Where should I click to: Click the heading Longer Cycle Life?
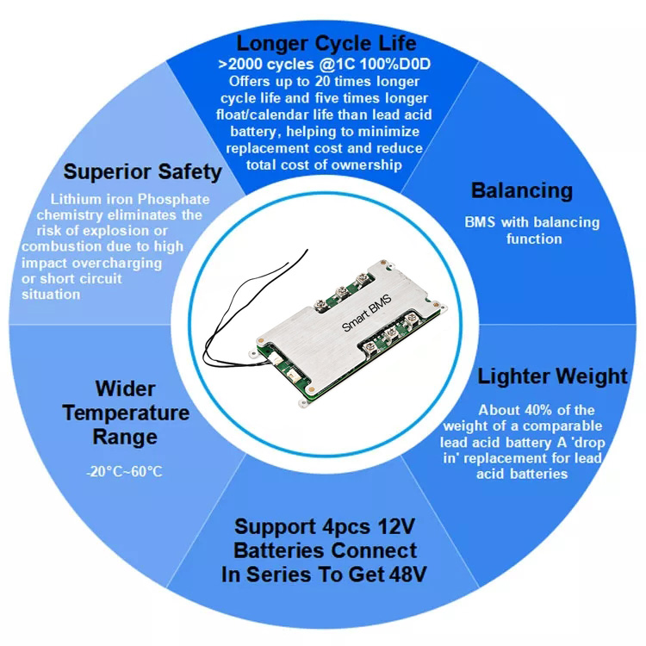pos(326,44)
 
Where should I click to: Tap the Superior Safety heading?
pos(142,172)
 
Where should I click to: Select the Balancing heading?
pos(522,191)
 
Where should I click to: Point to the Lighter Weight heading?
pos(552,376)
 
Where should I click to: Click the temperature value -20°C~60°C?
pos(124,471)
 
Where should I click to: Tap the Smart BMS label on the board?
pos(367,313)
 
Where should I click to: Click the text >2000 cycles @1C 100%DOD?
pos(325,65)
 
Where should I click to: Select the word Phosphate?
pos(173,200)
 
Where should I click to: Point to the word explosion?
pos(113,231)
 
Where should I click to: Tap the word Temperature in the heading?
pos(126,413)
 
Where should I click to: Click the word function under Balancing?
pos(534,239)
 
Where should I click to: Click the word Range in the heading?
pos(125,438)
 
